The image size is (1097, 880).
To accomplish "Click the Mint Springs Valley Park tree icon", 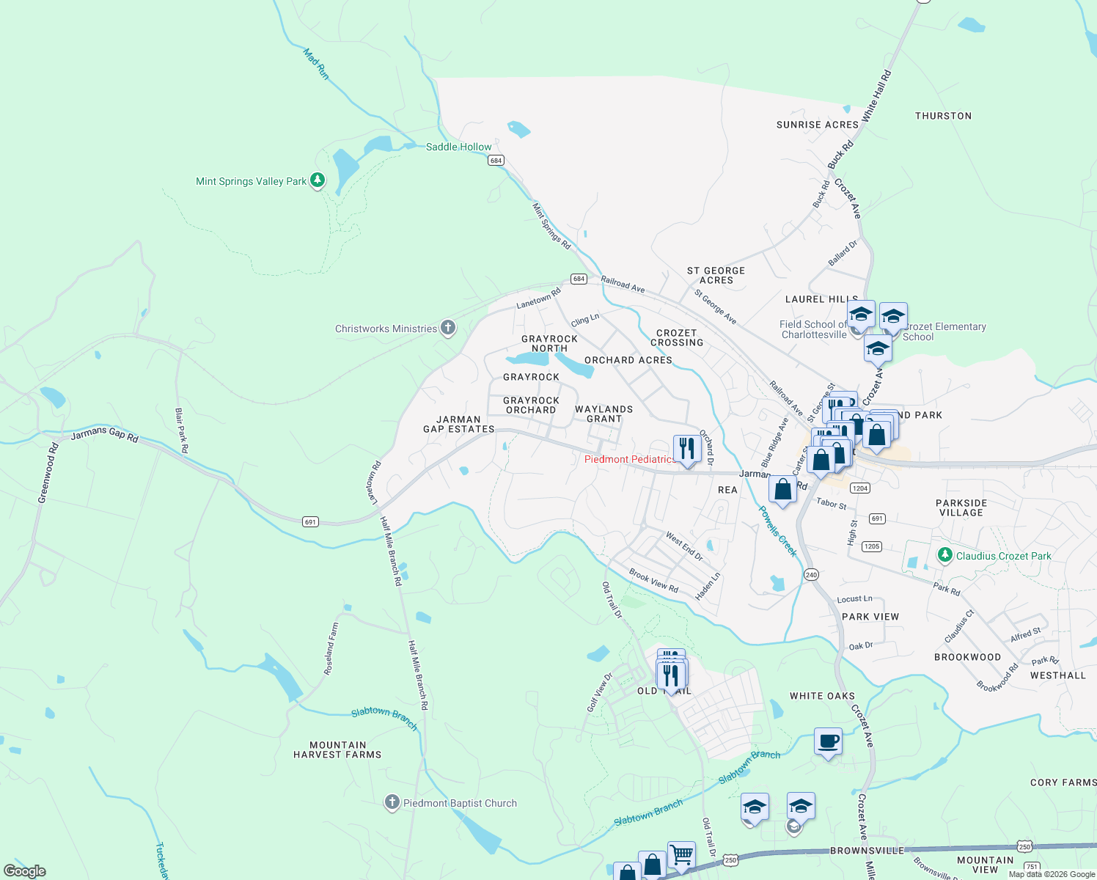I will click(x=317, y=180).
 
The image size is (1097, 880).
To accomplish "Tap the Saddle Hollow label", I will click(x=458, y=147).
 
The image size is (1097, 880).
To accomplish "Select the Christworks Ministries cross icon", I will click(x=447, y=328).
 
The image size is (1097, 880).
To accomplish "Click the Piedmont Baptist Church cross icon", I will click(x=392, y=802).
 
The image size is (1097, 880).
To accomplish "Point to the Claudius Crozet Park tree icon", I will click(x=945, y=555).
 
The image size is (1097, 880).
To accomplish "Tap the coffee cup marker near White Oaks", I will click(x=828, y=741).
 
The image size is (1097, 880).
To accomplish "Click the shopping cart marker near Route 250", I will click(x=681, y=854).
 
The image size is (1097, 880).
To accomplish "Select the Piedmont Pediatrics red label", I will click(x=630, y=459).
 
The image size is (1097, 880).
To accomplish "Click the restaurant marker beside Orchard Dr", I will click(x=687, y=448).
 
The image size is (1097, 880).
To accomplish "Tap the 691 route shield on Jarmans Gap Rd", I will click(x=310, y=521).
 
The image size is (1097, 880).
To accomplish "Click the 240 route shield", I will click(x=811, y=574).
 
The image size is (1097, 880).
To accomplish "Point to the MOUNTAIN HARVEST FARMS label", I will click(x=337, y=749).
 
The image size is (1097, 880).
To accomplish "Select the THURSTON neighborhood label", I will click(x=943, y=116).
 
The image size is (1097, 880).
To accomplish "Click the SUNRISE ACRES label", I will click(x=817, y=125).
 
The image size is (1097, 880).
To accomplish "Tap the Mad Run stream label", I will click(x=316, y=64).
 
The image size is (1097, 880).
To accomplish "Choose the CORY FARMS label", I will click(x=1063, y=782).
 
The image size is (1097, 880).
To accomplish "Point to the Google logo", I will click(x=25, y=870).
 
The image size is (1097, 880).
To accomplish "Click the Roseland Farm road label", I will click(x=331, y=648).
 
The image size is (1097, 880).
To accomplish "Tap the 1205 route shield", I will click(x=872, y=546).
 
